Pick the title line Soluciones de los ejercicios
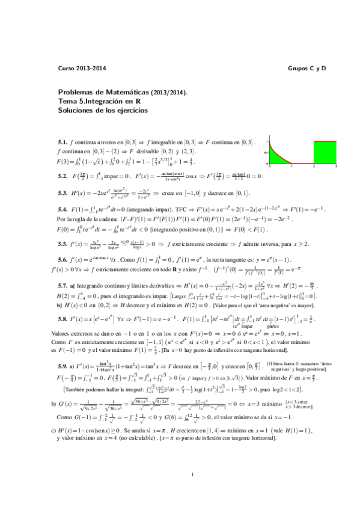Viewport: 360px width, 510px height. pos(103,111)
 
